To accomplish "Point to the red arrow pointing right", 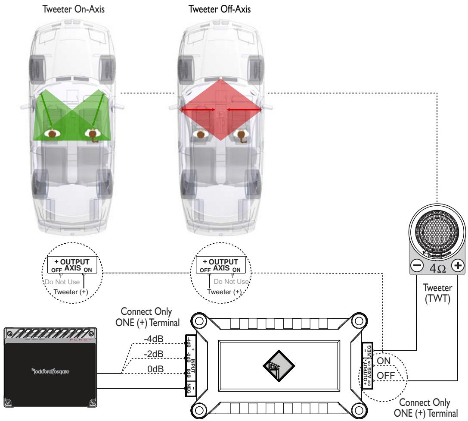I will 198,110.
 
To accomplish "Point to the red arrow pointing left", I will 244,110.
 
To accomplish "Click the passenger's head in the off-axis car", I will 200,134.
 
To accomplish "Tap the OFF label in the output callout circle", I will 386,376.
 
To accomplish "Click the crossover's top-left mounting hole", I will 198,322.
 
